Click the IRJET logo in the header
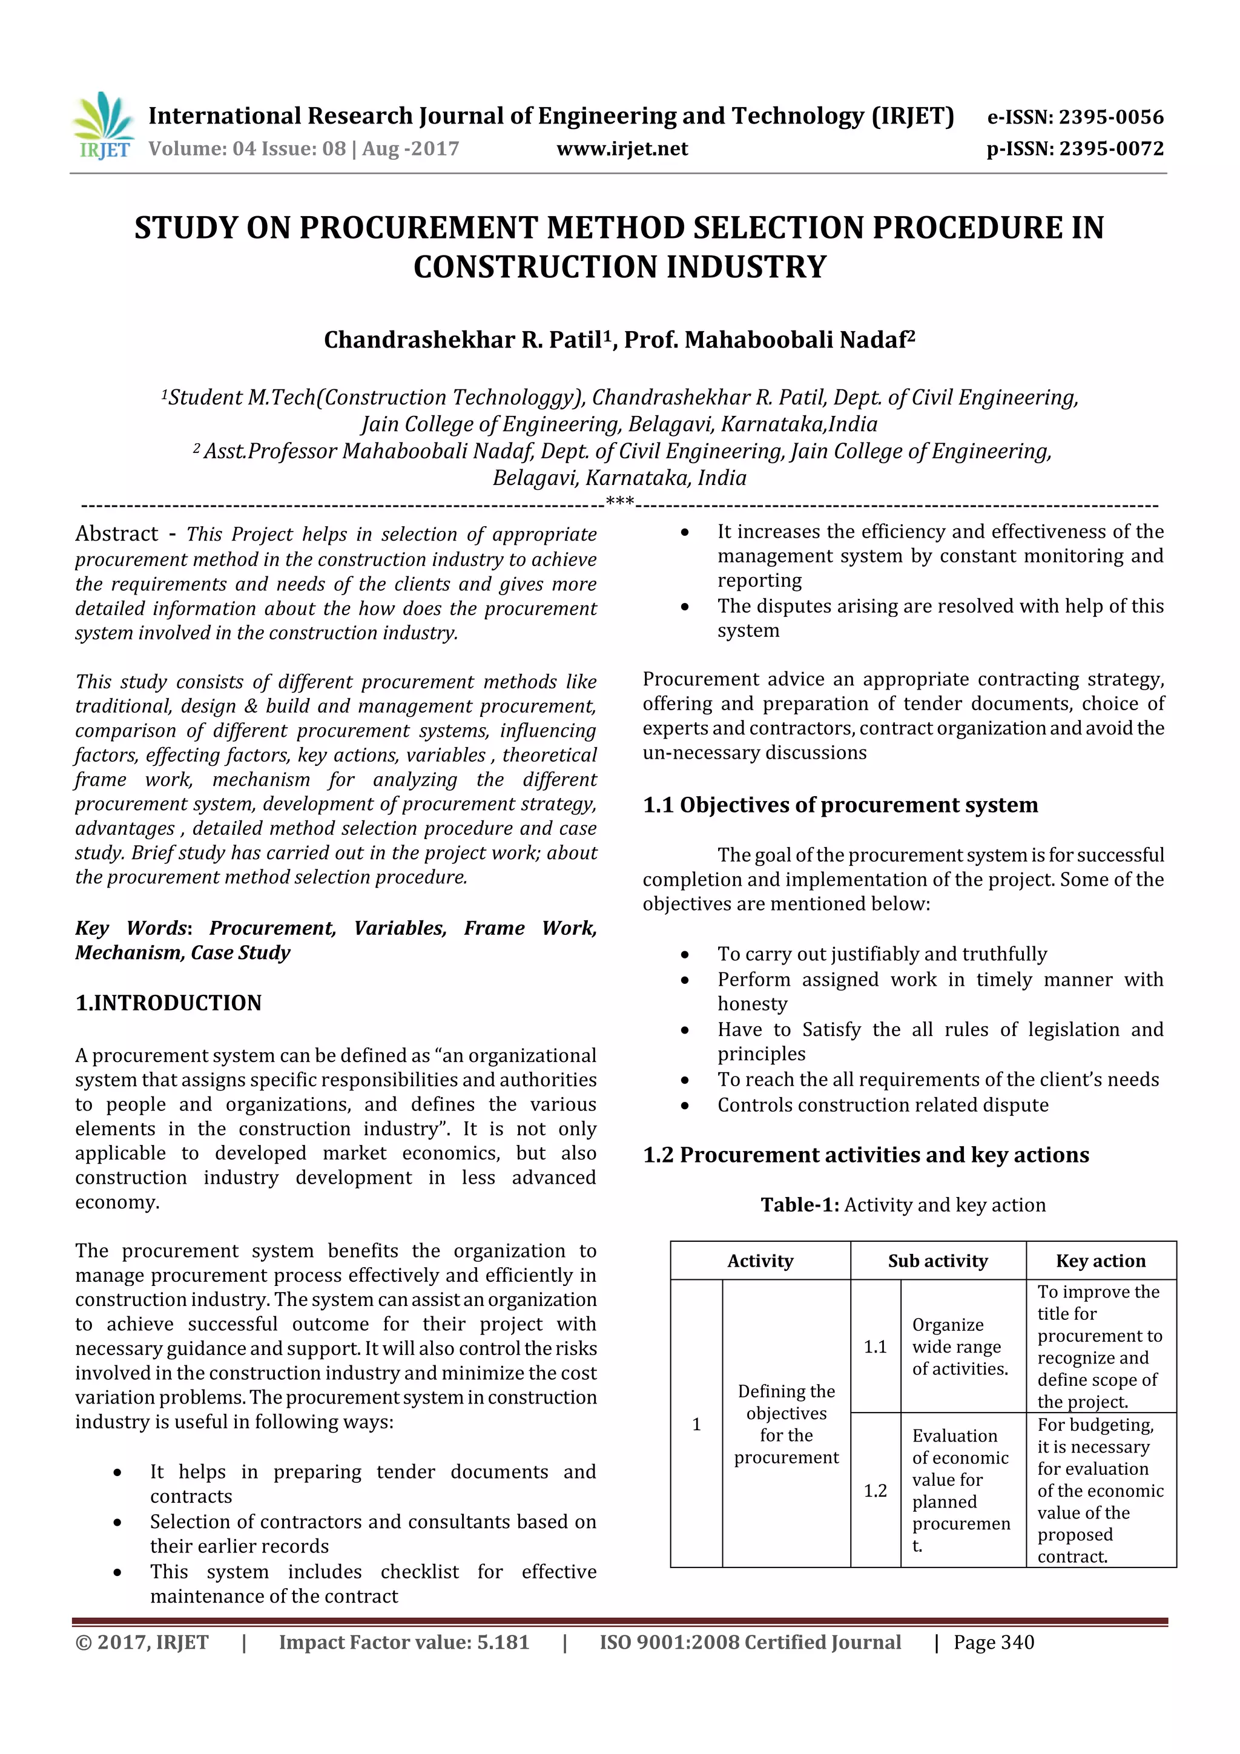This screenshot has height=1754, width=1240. pyautogui.click(x=103, y=125)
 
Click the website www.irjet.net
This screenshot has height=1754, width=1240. pyautogui.click(x=622, y=149)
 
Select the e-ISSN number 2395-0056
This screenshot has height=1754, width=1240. pyautogui.click(x=1111, y=117)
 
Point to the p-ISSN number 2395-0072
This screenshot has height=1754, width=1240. pyautogui.click(x=1111, y=149)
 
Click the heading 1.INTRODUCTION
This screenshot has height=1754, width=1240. pyautogui.click(x=168, y=1003)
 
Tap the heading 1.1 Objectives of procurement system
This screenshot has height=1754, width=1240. pyautogui.click(x=840, y=805)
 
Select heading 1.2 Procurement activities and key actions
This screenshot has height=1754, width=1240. pyautogui.click(x=866, y=1155)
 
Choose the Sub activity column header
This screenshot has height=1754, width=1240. pyautogui.click(x=937, y=1261)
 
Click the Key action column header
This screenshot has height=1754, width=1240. pyautogui.click(x=1100, y=1261)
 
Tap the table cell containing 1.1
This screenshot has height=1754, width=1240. pyautogui.click(x=875, y=1347)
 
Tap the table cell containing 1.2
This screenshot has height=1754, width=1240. pyautogui.click(x=875, y=1491)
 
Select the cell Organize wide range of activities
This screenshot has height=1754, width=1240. pyautogui.click(x=960, y=1347)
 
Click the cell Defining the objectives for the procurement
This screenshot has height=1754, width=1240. pyautogui.click(x=786, y=1424)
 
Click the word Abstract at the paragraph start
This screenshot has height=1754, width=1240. pyautogui.click(x=116, y=534)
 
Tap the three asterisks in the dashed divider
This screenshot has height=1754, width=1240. pyautogui.click(x=619, y=502)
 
